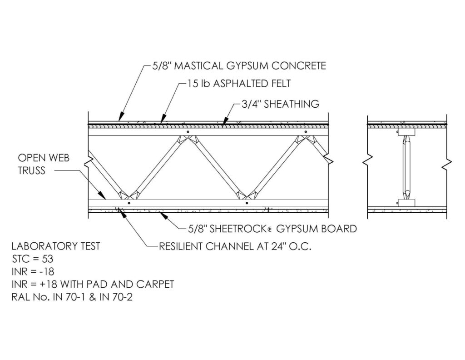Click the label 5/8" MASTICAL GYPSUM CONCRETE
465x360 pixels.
239,65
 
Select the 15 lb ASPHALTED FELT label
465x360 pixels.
239,84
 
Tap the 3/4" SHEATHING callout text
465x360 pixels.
280,104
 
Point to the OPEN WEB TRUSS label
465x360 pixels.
44,164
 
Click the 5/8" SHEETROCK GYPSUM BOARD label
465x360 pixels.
272,229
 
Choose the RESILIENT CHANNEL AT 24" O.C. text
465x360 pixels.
235,247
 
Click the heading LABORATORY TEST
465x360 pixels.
56,246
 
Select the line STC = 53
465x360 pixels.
33,259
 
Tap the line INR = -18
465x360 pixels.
33,272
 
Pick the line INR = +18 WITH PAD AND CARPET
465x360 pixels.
93,285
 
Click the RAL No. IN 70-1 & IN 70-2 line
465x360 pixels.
72,297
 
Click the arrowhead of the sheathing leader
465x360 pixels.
224,121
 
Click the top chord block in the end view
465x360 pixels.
406,132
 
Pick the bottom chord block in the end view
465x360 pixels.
406,203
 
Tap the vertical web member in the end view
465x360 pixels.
406,167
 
